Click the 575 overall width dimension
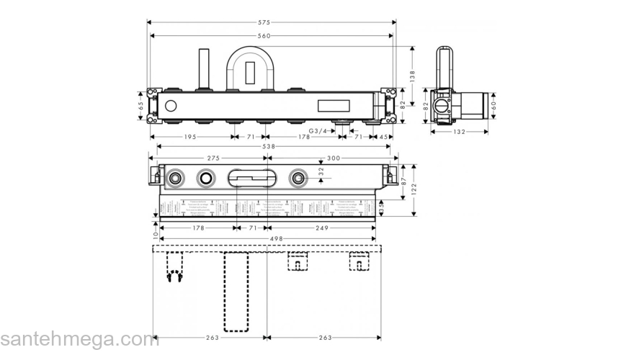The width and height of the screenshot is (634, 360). click(x=271, y=22)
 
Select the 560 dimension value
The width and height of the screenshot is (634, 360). click(x=271, y=35)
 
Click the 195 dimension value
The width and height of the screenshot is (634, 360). click(x=191, y=136)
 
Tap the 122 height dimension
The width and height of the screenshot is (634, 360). click(x=414, y=189)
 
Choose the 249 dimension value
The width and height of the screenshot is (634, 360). click(x=321, y=228)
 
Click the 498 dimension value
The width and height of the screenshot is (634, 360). click(x=267, y=239)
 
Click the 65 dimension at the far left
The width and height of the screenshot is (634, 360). click(x=141, y=106)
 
